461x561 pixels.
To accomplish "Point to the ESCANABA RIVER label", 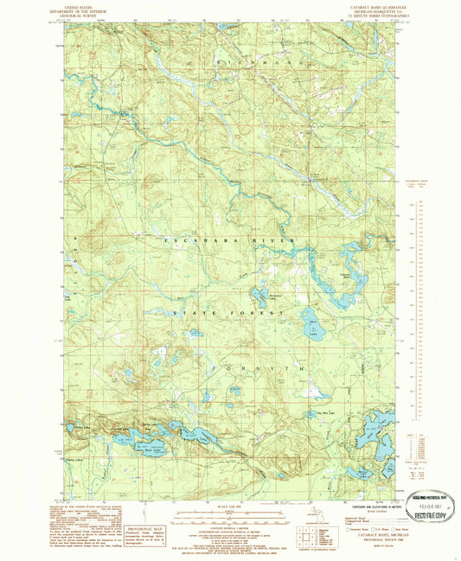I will click(x=227, y=239).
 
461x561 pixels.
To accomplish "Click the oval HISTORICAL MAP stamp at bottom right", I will click(x=430, y=500).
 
